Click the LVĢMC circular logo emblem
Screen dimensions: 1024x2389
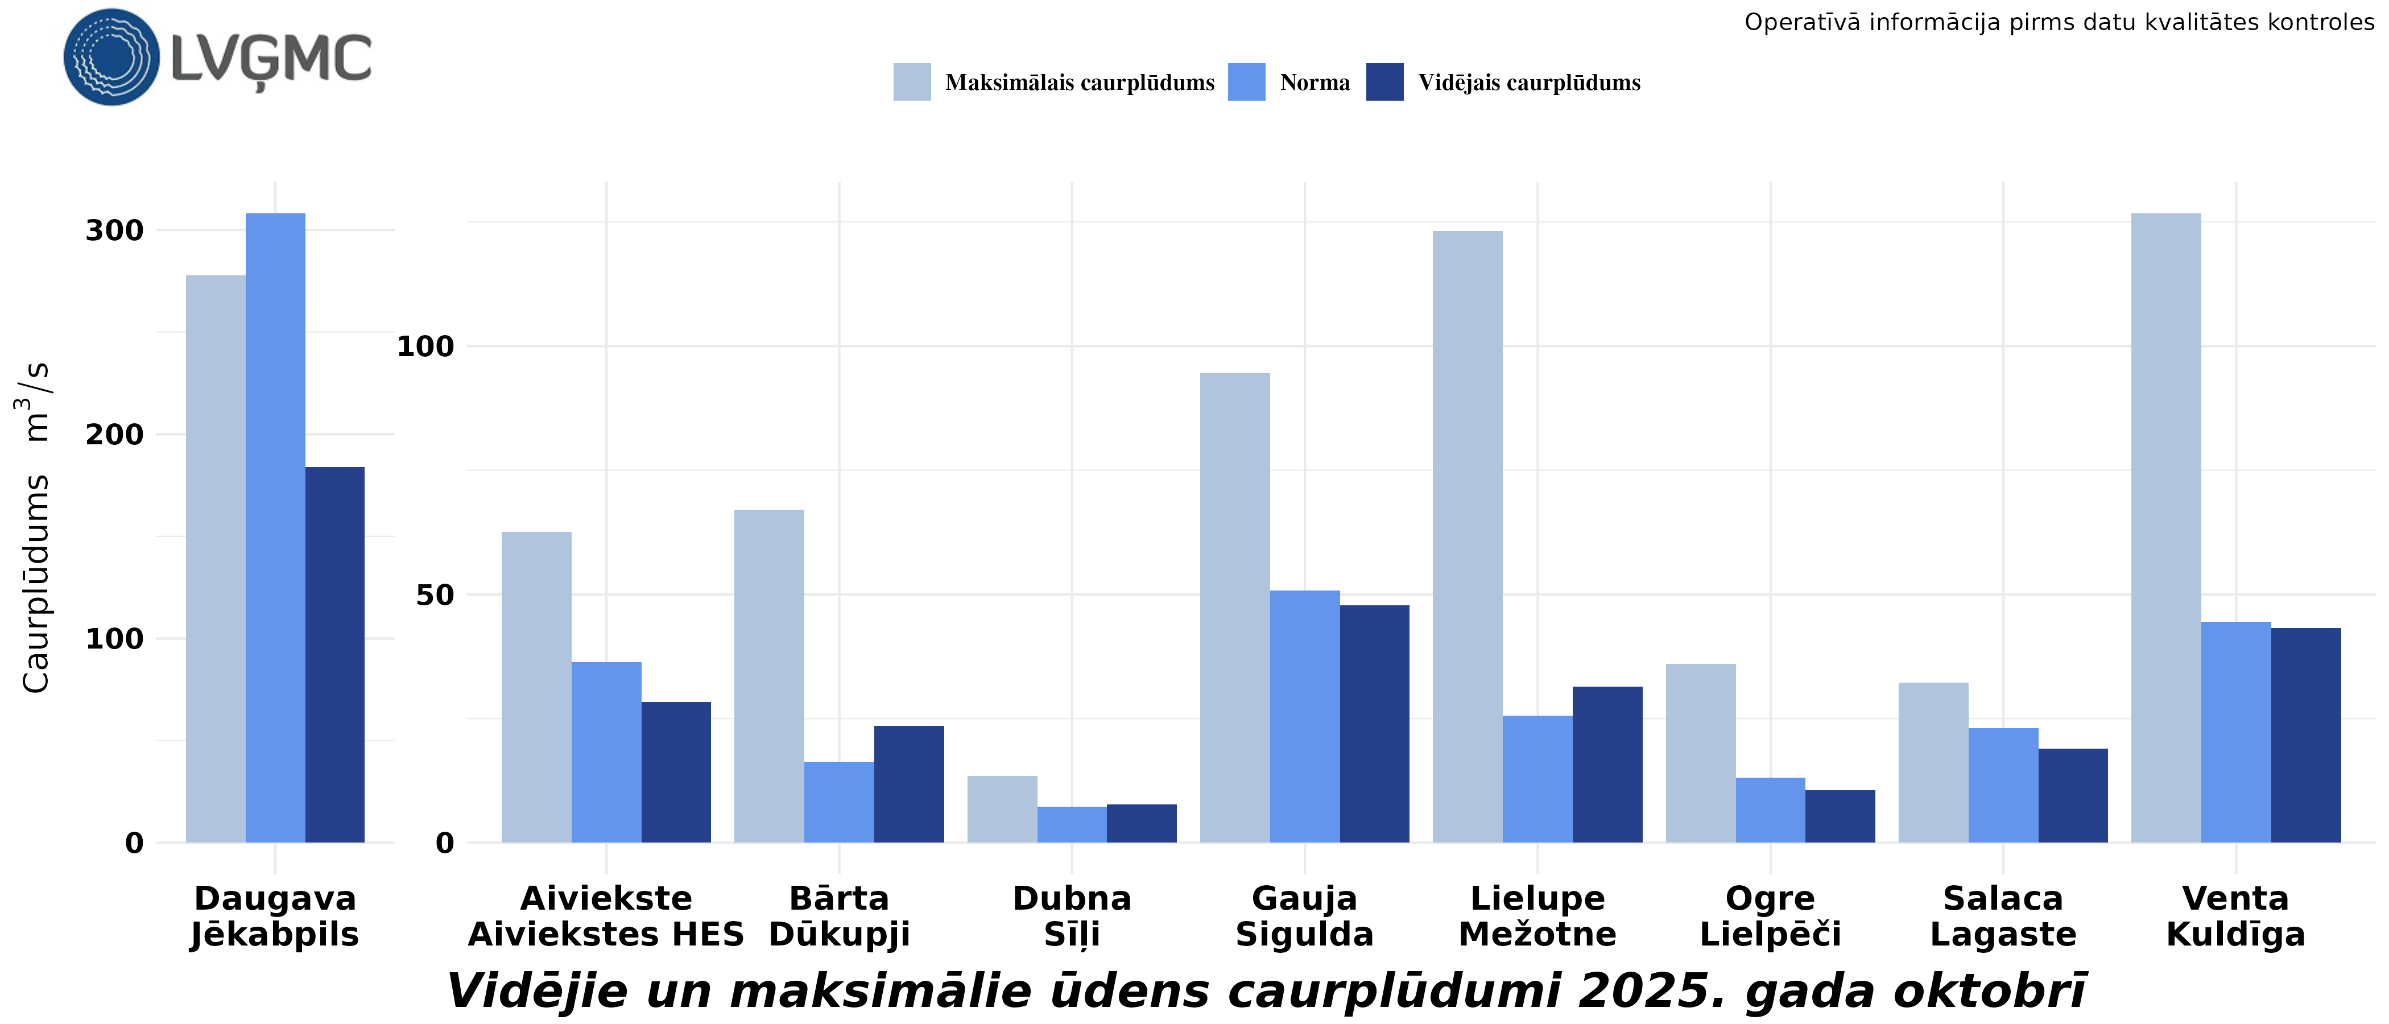pos(111,57)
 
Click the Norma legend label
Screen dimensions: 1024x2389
pos(1314,82)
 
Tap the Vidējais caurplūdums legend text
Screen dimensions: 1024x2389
pos(1528,82)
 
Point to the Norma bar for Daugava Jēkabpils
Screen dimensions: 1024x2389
pos(275,528)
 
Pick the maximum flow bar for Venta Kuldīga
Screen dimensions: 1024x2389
pos(2165,528)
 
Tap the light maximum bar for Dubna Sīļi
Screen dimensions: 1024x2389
pos(1002,809)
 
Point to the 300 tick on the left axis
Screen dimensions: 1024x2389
pos(115,230)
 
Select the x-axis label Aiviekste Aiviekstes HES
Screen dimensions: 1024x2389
pos(606,916)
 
